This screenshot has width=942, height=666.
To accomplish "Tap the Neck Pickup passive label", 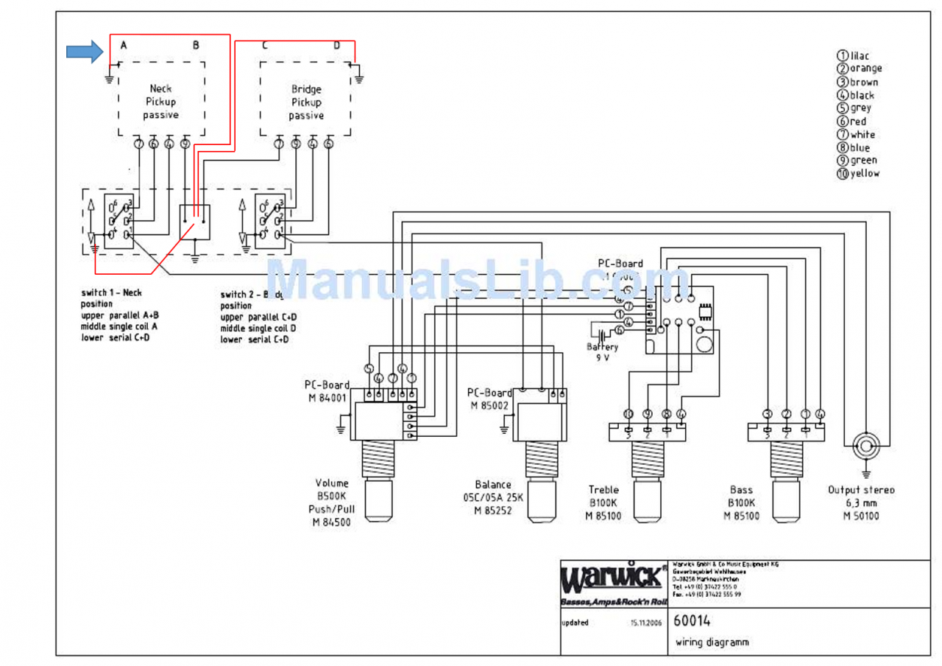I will (x=161, y=102).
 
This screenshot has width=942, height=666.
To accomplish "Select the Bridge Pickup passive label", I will (x=306, y=102).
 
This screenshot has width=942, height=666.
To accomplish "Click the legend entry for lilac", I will (x=853, y=55).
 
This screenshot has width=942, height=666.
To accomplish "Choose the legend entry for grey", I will (x=854, y=108).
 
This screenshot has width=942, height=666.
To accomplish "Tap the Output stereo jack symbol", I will (x=865, y=446).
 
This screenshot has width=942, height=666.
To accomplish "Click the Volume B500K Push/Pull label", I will (x=333, y=503).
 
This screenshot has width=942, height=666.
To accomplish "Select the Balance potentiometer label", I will (x=493, y=497).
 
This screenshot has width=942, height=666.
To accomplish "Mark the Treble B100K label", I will (x=603, y=502).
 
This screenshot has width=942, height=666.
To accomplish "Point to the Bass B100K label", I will (x=741, y=502).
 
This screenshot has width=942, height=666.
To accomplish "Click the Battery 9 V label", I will (x=603, y=351).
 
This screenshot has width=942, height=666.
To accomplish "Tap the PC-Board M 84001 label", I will (x=327, y=391).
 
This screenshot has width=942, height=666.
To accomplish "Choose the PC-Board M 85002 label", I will (x=489, y=399).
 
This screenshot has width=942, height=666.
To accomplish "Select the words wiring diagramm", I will (x=712, y=642).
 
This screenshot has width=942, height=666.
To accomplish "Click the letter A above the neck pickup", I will (x=124, y=45).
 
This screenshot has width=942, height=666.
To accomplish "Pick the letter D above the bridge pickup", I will (x=336, y=45).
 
